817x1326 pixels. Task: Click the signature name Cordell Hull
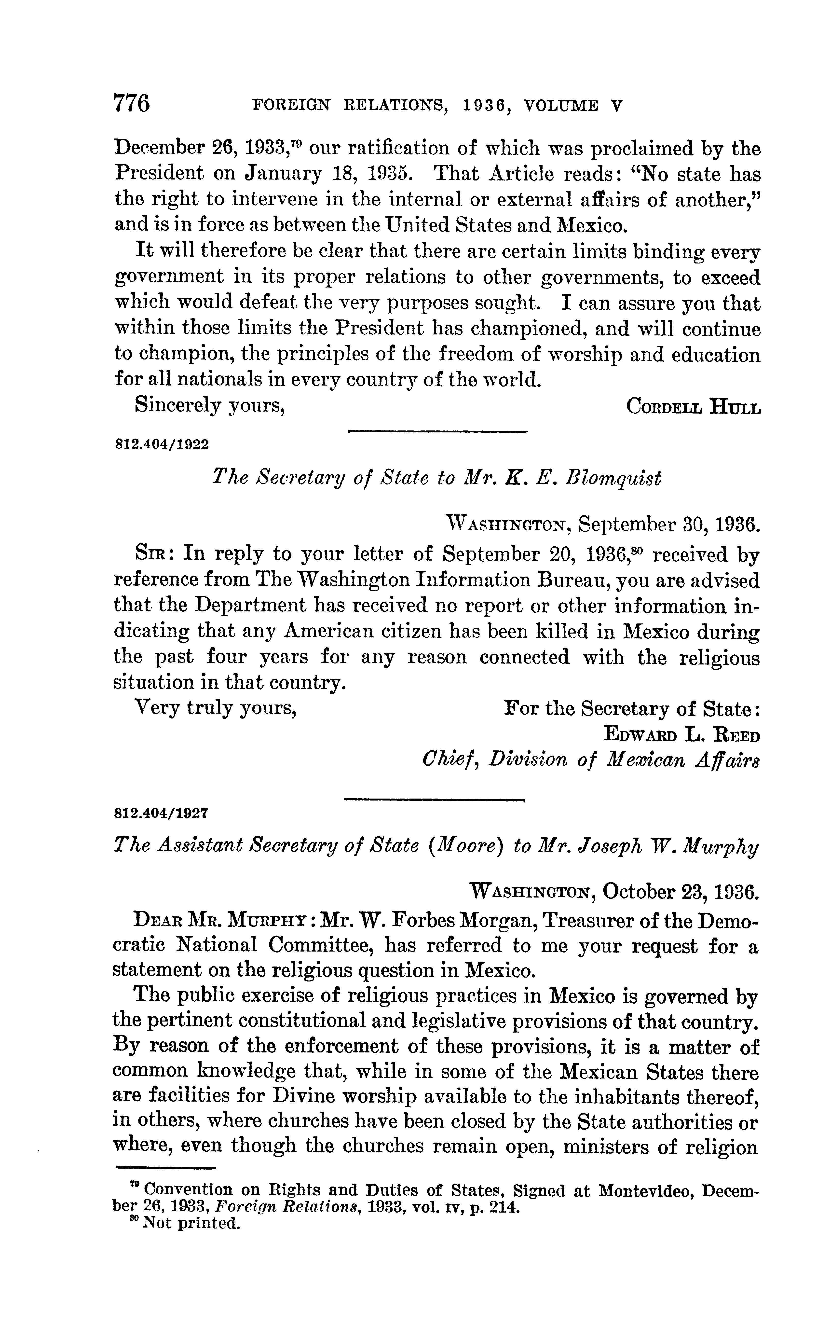(693, 406)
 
